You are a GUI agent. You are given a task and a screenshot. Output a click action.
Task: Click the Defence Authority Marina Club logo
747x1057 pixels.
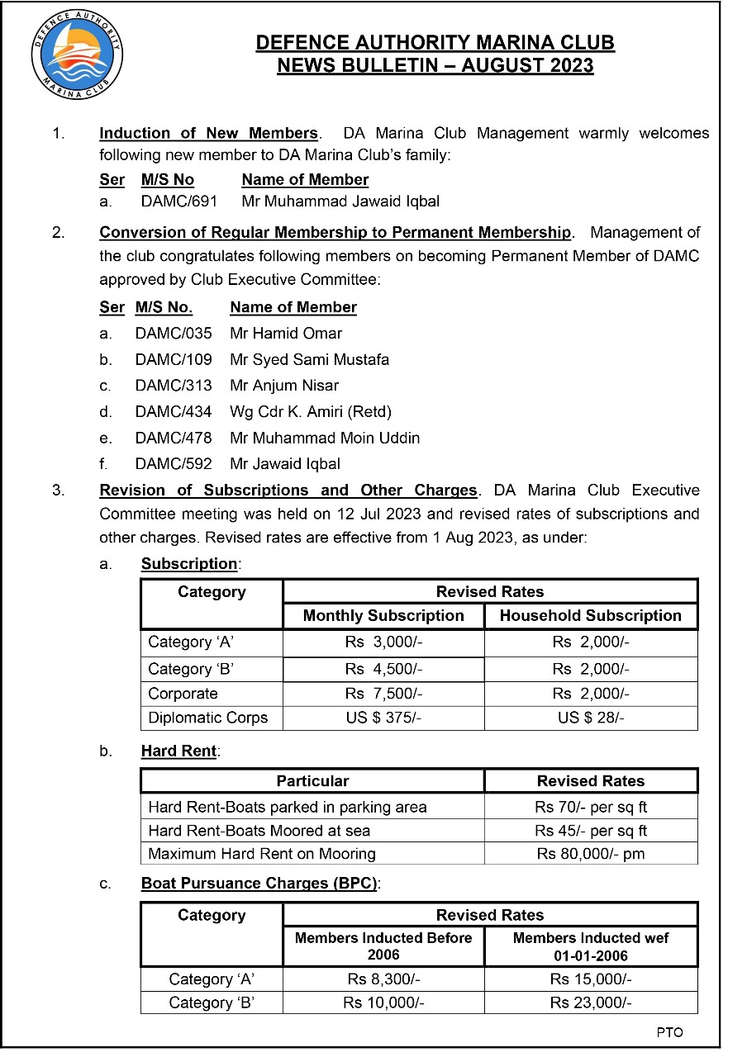[x=76, y=55]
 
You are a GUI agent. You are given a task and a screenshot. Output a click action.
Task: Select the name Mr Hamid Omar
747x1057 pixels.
[x=286, y=334]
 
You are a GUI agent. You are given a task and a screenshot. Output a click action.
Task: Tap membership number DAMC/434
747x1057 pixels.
[x=174, y=411]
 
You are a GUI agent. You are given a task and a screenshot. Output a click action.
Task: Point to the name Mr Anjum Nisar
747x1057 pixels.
[x=284, y=386]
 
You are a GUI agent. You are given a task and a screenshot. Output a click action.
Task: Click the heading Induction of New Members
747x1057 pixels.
[x=208, y=134]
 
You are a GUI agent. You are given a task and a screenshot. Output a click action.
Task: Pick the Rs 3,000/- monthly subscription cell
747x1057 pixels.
[x=383, y=642]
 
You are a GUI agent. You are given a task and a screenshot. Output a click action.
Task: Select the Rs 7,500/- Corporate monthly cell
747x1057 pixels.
[x=383, y=694]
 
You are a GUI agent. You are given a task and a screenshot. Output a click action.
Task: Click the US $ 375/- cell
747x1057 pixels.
[x=383, y=718]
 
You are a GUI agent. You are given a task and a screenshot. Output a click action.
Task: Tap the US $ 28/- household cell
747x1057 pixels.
[x=591, y=718]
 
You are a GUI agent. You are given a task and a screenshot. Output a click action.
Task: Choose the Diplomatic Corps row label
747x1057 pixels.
[x=208, y=718]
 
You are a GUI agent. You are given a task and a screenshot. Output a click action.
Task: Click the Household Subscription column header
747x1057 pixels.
[x=591, y=616]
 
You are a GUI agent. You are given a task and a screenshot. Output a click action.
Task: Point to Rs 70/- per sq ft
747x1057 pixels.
[x=591, y=807]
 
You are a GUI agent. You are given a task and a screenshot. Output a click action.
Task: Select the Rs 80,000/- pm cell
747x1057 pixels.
[x=591, y=854]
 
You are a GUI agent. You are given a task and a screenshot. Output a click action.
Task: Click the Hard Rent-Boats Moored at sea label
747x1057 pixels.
[x=259, y=831]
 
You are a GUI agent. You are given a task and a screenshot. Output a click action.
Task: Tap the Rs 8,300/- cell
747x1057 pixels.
[x=383, y=979]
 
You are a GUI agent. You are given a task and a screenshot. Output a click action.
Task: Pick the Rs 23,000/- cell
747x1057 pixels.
[x=591, y=1003]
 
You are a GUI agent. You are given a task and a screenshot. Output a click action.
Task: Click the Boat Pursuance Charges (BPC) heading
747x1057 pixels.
[x=259, y=884]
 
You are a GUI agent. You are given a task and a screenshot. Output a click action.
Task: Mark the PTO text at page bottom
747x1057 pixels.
[x=670, y=1033]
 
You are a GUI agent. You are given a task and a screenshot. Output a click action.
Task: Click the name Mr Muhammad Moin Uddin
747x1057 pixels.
[x=325, y=438]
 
